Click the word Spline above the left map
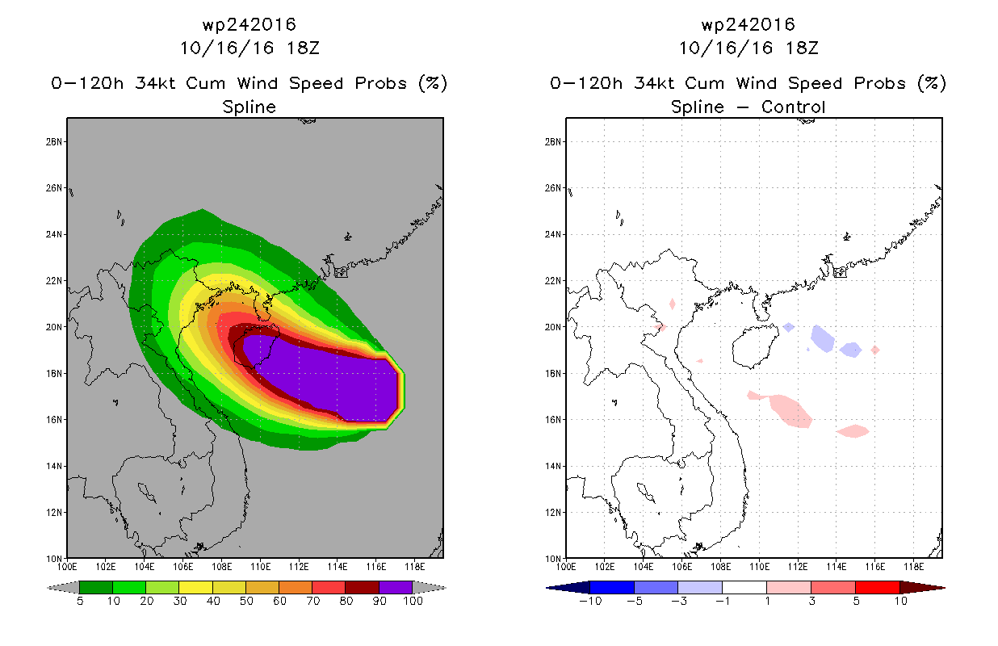coord(249,107)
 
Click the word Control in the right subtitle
coord(793,107)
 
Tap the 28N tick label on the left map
coord(54,141)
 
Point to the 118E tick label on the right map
coord(914,567)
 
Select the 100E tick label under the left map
coord(67,567)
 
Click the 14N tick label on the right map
coord(553,466)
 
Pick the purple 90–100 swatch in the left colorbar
coord(396,587)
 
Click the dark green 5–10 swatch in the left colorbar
coord(96,587)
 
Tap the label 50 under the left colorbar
coord(246,601)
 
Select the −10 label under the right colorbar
coord(590,601)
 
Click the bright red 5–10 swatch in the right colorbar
coord(878,587)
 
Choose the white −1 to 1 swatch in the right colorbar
coord(744,587)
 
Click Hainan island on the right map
coord(754,346)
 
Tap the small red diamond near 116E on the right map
coord(875,350)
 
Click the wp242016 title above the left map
coord(249,24)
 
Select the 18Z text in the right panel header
coord(802,48)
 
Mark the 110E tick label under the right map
coord(759,567)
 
